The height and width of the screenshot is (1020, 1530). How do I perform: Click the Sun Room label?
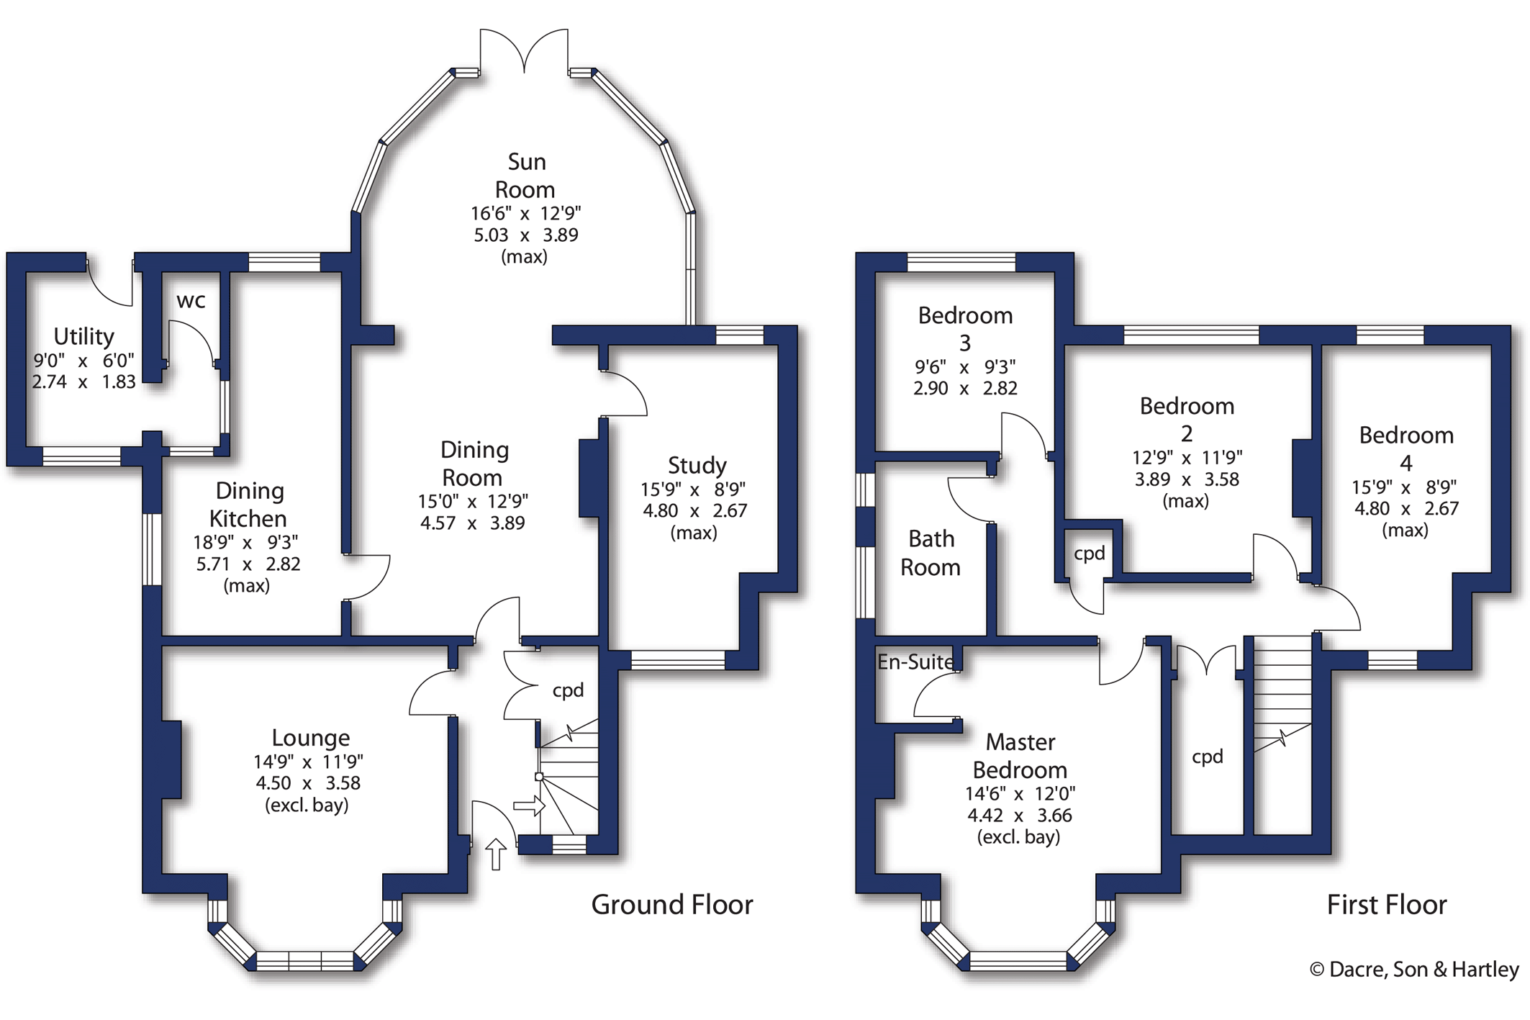tap(525, 176)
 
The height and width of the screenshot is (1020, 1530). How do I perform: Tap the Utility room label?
tap(84, 336)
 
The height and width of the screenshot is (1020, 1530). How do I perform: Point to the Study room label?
tap(697, 465)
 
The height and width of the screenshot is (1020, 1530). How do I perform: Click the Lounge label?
tap(311, 738)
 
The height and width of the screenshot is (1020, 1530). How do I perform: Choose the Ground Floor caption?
tap(672, 905)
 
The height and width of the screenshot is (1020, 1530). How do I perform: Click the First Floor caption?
tap(1387, 905)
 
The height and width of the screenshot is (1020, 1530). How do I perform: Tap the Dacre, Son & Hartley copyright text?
tap(1414, 970)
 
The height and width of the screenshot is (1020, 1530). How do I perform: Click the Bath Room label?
tap(931, 553)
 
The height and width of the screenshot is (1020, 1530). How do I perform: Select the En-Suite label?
tap(915, 662)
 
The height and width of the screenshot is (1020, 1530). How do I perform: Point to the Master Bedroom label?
tap(1020, 756)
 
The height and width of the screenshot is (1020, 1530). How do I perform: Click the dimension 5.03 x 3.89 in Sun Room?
tap(525, 235)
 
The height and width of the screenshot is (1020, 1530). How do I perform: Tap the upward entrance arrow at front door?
tap(496, 854)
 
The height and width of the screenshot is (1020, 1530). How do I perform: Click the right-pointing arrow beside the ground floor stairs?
tap(529, 805)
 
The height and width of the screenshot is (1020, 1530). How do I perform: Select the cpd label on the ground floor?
tap(568, 691)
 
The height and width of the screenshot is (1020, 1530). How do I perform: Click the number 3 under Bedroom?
tap(965, 343)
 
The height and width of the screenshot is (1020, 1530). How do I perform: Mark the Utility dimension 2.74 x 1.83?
tap(83, 382)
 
